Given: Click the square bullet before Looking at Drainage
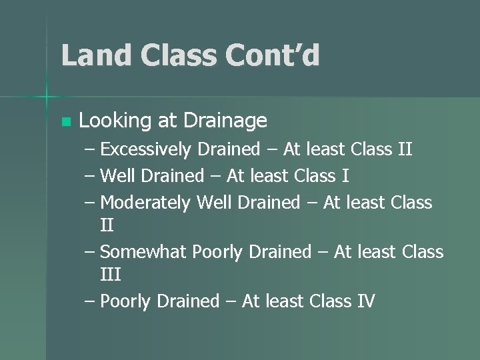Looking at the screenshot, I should coord(65,122).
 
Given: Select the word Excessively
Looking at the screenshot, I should coord(145,149).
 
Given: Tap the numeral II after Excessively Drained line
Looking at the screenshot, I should coord(404,149).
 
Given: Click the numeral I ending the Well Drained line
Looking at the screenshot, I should coord(345,176).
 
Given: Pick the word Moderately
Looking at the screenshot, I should coord(145,203).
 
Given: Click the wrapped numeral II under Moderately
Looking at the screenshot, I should coord(106,225).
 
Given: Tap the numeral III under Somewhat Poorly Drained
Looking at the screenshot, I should coord(110,275).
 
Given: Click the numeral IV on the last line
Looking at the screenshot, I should coord(366,301).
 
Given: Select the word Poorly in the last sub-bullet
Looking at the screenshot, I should coord(125,301).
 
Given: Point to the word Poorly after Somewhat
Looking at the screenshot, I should coord(217,252).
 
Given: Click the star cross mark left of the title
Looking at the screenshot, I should coord(46,97).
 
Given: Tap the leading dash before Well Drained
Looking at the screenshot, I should coord(91,176).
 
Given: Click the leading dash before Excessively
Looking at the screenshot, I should coord(91,149).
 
